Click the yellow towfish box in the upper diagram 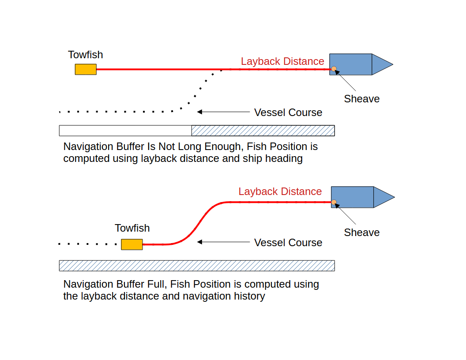coord(86,69)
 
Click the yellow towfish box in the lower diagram coord(132,244)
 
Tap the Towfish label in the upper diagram coord(86,55)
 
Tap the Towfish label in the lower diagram coord(132,228)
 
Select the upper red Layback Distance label coord(282,61)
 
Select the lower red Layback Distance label coord(280,191)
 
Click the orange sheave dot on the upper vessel coord(334,68)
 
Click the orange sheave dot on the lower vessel coord(334,202)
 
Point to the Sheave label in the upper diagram coord(362,99)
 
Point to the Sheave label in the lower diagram coord(362,232)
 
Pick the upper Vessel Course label coord(288,112)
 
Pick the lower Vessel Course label coord(288,243)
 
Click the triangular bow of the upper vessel coord(381,64)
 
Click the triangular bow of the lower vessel coord(383,197)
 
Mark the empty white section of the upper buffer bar coord(125,131)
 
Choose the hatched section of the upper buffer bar coord(263,131)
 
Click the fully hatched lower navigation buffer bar coord(197,266)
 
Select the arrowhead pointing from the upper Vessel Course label coord(200,112)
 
